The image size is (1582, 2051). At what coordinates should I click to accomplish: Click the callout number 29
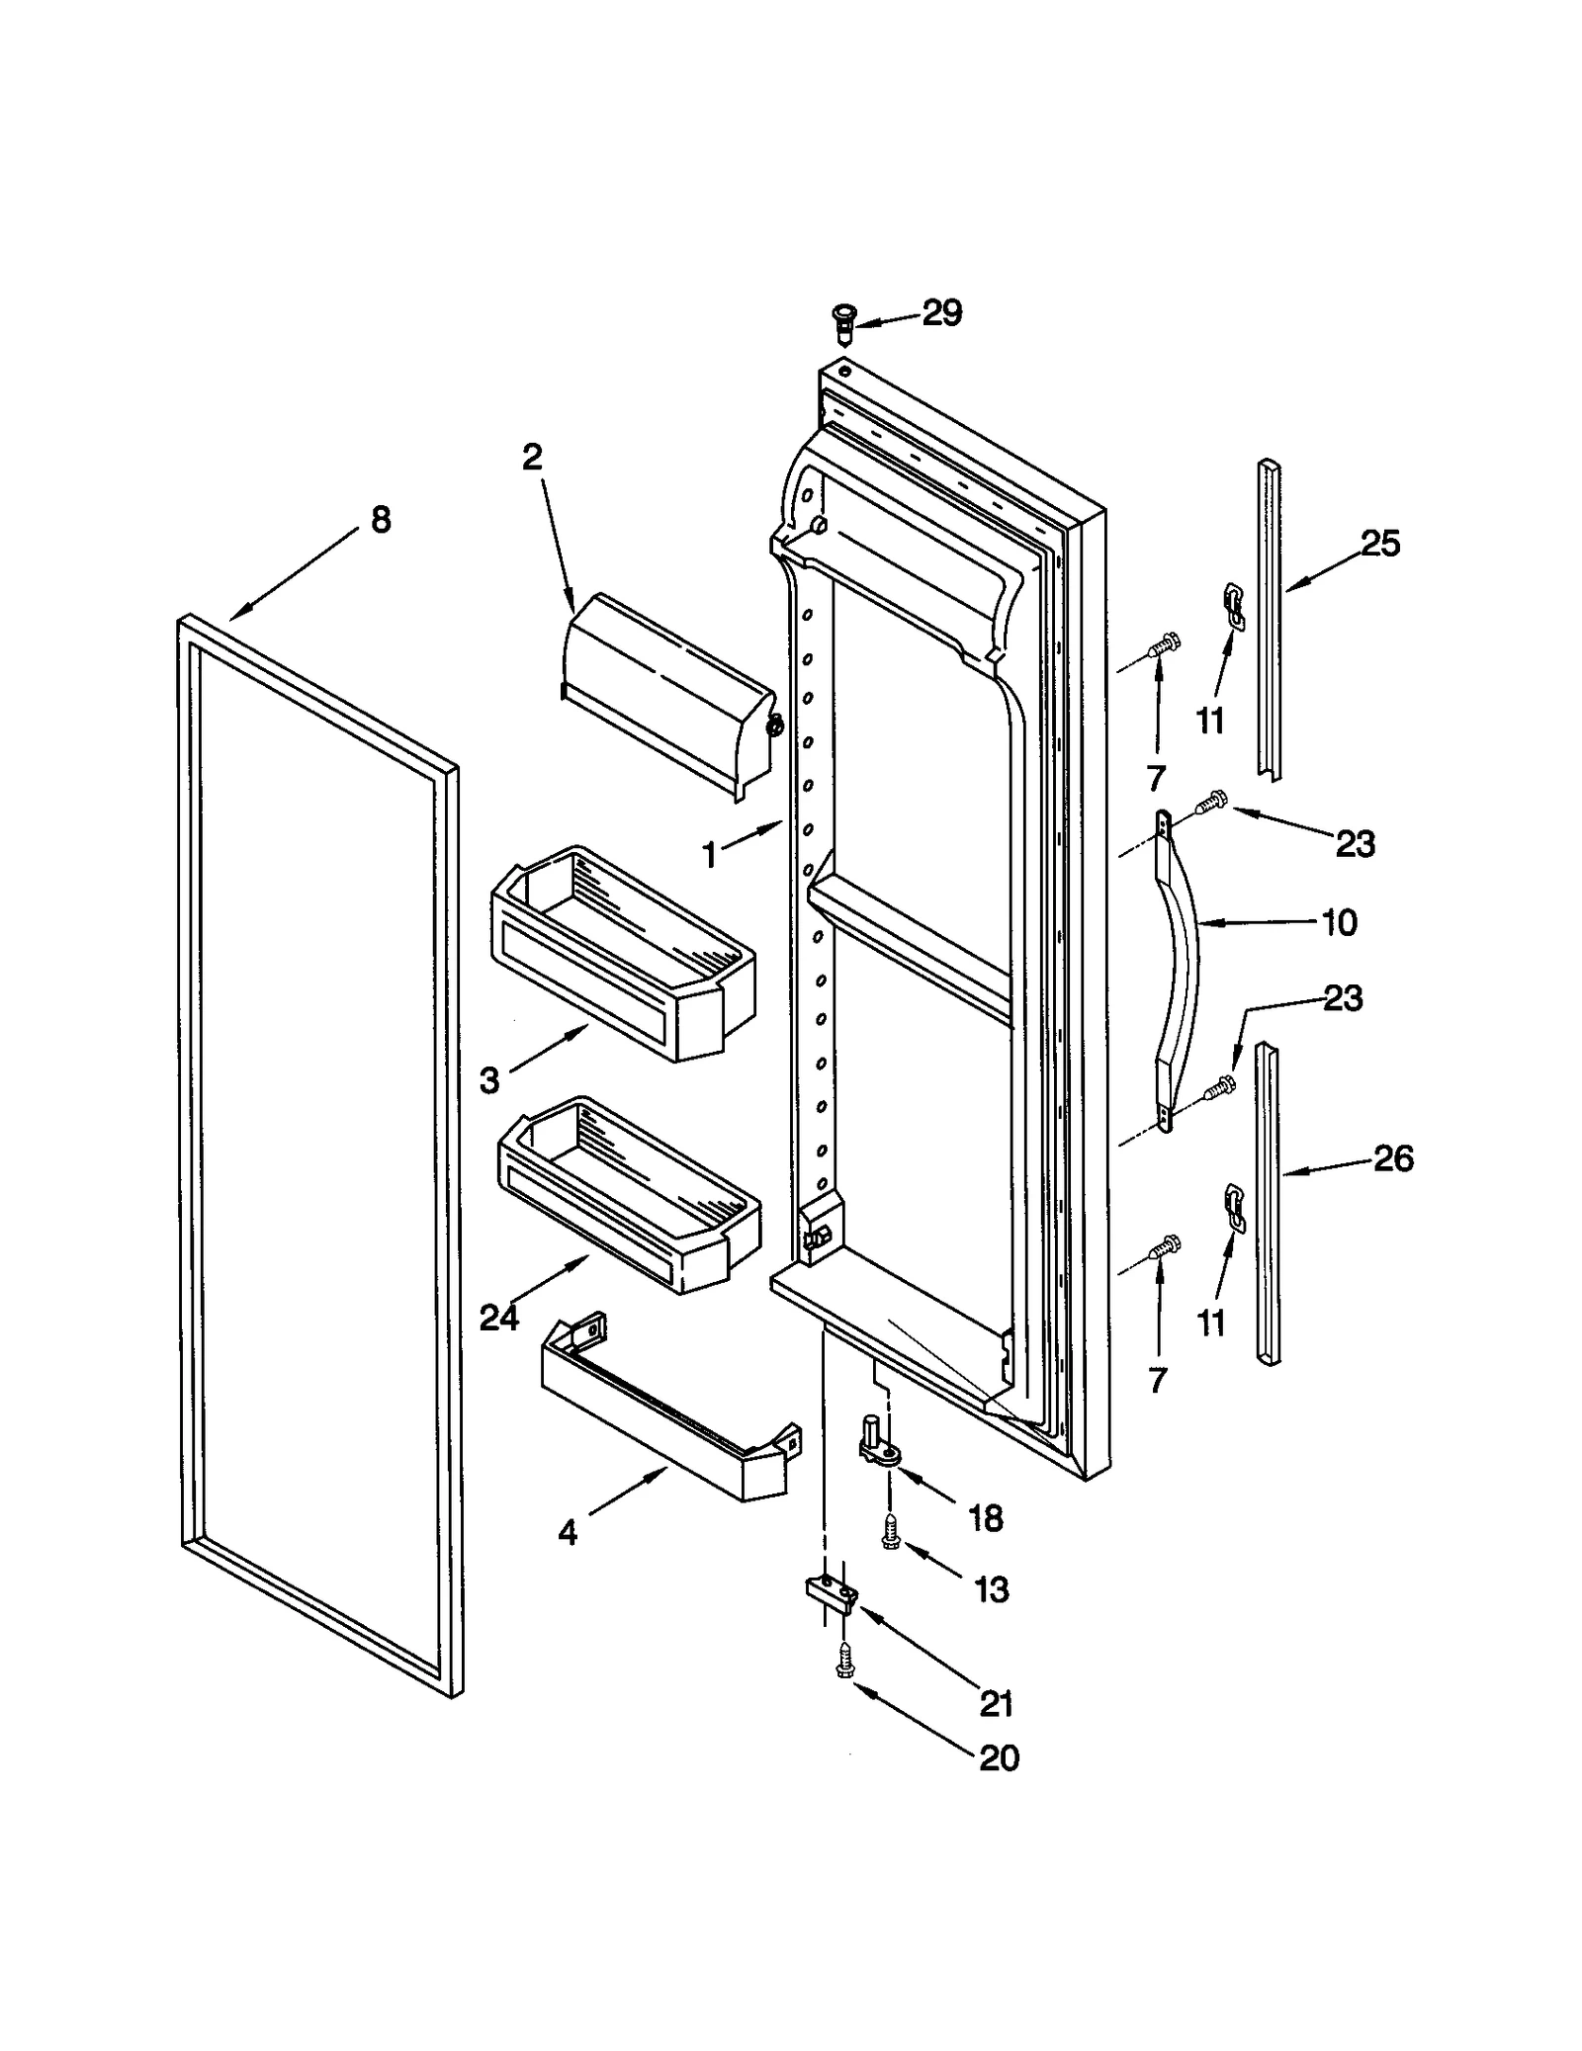(x=941, y=313)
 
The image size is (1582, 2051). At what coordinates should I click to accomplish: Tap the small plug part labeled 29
(x=842, y=322)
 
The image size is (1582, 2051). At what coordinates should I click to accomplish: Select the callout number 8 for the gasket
(x=381, y=520)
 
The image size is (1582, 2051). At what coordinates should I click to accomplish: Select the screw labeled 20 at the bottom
(x=843, y=1661)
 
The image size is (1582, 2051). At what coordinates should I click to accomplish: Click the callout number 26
(x=1392, y=1158)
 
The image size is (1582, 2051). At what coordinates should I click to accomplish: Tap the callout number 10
(x=1339, y=923)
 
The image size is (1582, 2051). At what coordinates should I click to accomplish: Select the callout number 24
(x=498, y=1318)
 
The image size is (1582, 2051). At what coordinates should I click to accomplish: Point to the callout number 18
(x=986, y=1517)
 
